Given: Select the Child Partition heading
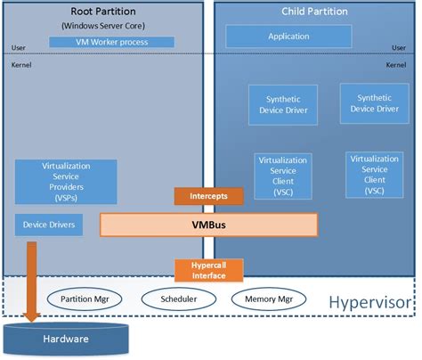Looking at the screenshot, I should click(313, 11).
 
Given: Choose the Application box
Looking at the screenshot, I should click(288, 37).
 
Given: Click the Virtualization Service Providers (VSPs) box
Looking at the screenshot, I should click(67, 181).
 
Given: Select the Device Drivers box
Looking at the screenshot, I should click(50, 225).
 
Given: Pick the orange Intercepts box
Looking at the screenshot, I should click(201, 196).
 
